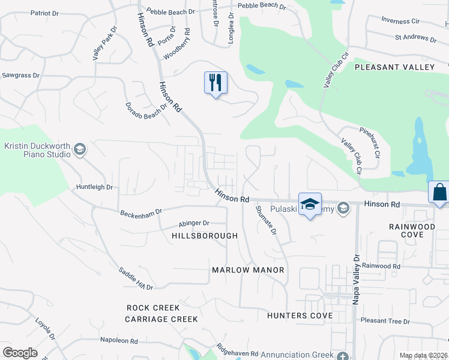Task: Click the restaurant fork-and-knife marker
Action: pyautogui.click(x=216, y=82)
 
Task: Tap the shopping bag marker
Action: pyautogui.click(x=439, y=193)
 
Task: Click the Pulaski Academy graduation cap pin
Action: pyautogui.click(x=310, y=204)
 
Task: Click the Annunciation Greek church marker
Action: pyautogui.click(x=342, y=355)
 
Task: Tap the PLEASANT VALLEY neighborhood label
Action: pyautogui.click(x=394, y=67)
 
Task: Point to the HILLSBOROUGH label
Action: pyautogui.click(x=205, y=236)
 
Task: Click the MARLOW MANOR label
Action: pyautogui.click(x=248, y=270)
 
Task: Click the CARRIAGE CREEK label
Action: pyautogui.click(x=161, y=319)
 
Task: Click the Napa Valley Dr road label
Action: pyautogui.click(x=356, y=278)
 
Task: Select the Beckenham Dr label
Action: pyautogui.click(x=141, y=212)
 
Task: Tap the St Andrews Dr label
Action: pyautogui.click(x=415, y=38)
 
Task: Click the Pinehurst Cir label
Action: pyautogui.click(x=369, y=142)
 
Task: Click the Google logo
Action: pyautogui.click(x=20, y=353)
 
